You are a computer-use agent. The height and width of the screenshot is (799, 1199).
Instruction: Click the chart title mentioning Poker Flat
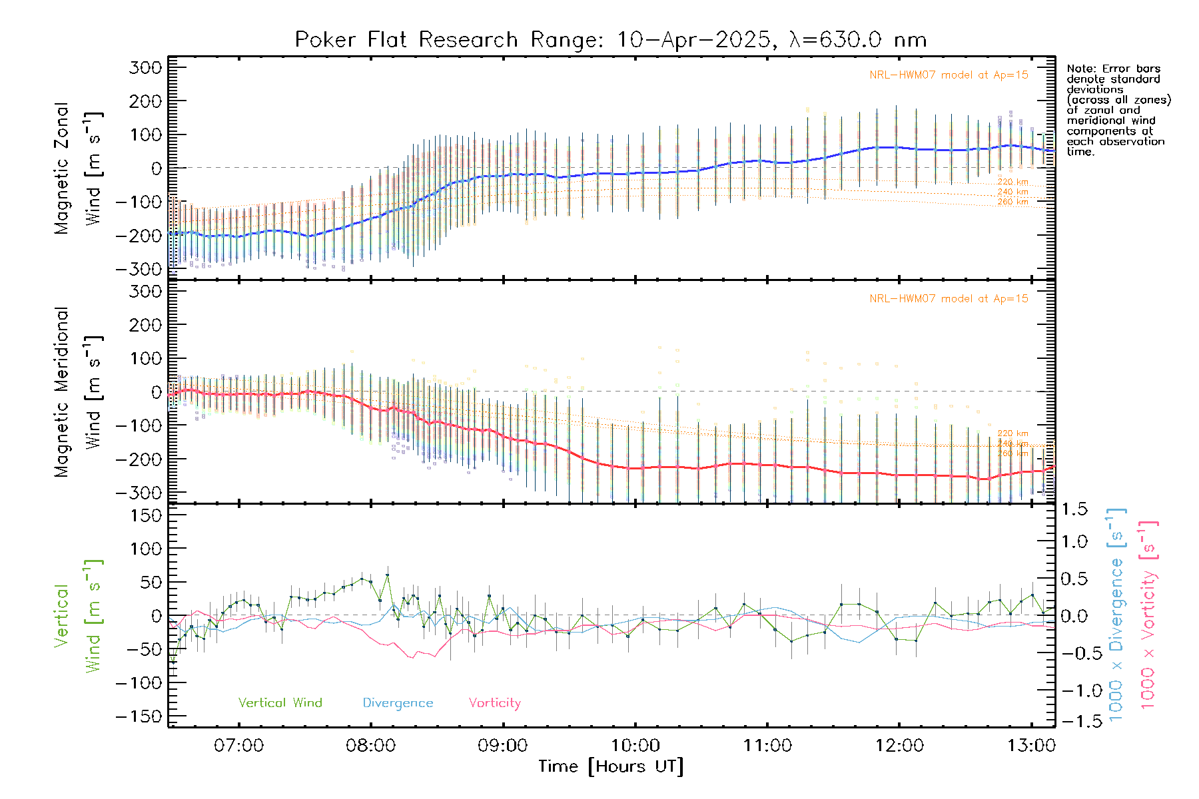610,40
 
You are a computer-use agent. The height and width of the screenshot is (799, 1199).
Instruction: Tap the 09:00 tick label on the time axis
502,745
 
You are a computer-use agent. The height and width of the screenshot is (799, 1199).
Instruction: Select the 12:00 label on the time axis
899,745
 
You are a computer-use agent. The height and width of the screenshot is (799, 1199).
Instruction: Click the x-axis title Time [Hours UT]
611,766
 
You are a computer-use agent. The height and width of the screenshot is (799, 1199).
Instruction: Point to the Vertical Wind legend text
280,702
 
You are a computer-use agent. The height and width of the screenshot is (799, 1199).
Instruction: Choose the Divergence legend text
398,702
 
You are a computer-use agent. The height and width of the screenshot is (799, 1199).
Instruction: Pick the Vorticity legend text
494,702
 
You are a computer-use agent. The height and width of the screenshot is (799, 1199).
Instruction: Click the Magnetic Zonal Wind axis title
78,168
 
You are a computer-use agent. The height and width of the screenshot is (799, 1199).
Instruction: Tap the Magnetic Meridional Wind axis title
78,392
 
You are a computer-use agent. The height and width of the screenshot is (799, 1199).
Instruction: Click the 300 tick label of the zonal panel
145,67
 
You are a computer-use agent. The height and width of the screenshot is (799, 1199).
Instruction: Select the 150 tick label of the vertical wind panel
145,515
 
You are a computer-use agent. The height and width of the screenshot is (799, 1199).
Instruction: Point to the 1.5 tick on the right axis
1074,509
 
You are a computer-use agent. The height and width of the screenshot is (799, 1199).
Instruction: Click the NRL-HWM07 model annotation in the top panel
949,75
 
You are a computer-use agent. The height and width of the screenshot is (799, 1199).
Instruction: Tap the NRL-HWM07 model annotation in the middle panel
949,299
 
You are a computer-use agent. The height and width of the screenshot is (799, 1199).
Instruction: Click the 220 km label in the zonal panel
1012,182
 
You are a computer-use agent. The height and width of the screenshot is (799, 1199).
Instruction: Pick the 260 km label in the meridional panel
1012,453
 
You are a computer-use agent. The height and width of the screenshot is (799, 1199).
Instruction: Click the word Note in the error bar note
1079,69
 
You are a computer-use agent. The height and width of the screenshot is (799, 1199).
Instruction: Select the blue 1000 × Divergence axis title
1116,615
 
